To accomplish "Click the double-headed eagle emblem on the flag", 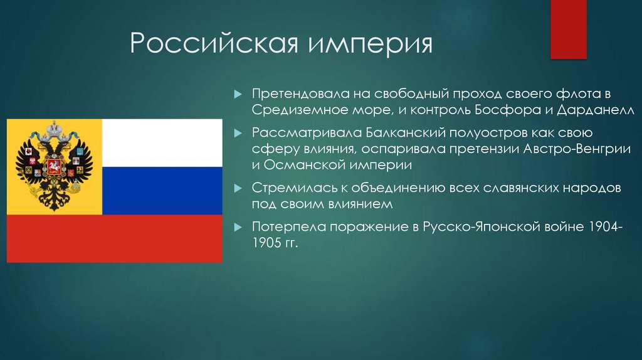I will pos(54,167).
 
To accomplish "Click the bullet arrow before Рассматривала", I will pos(238,134).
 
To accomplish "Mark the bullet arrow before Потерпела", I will pos(238,227).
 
